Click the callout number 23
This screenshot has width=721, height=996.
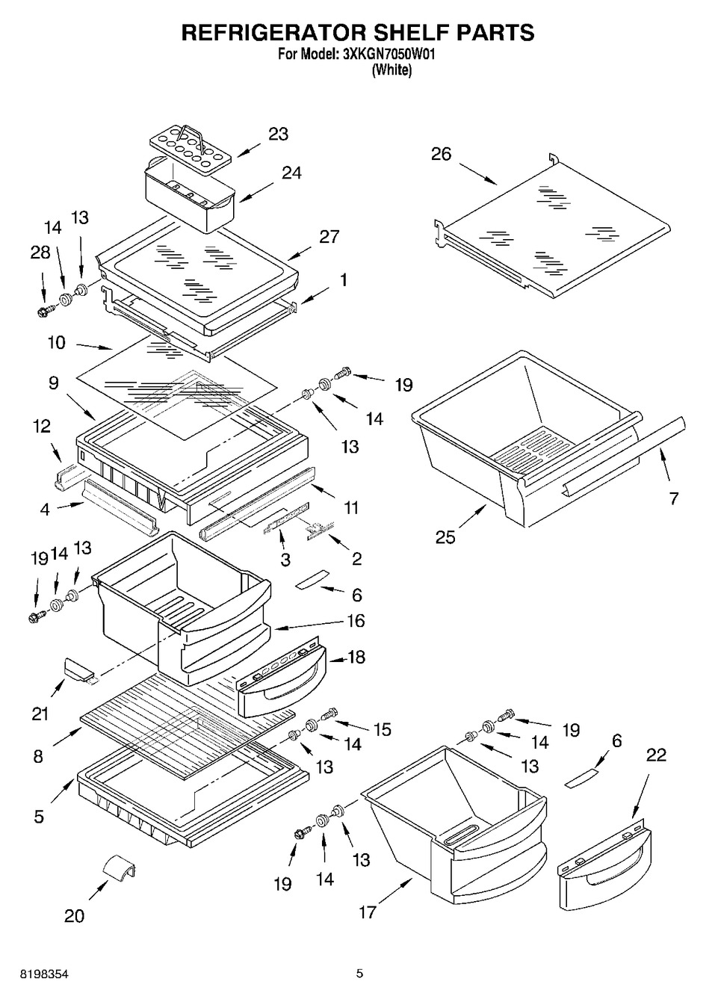(278, 134)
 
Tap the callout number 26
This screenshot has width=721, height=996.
(442, 155)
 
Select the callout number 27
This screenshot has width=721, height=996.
(329, 237)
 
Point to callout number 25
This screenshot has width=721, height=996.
(445, 536)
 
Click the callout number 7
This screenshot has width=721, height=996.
(674, 498)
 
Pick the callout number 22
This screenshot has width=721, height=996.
(656, 755)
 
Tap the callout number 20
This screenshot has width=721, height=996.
(74, 915)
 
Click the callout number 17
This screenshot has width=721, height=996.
(367, 912)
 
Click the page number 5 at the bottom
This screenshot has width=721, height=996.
(359, 974)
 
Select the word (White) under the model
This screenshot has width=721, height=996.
(392, 70)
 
